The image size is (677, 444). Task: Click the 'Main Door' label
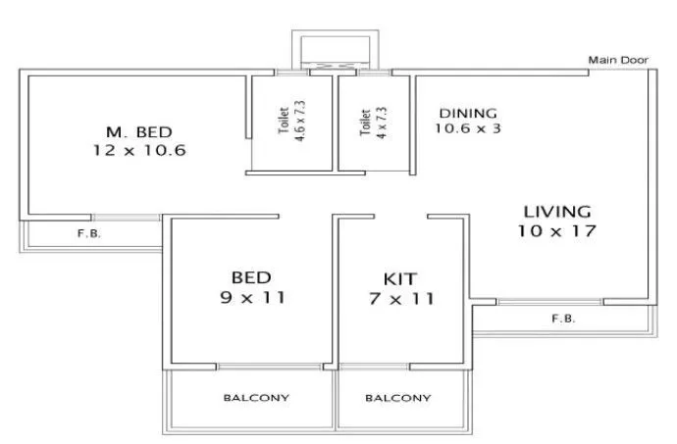coord(618,61)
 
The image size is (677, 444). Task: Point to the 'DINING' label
coord(468,112)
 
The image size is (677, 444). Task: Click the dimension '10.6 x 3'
coord(468,127)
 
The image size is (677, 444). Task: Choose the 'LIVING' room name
coord(556,211)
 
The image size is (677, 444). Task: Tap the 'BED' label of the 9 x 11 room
coord(251,277)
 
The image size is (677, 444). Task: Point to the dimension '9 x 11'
coord(251,298)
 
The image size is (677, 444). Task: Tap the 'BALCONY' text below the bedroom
coord(255,398)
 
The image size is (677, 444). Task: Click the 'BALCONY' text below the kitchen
coord(397,398)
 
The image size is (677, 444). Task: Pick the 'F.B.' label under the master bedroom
coord(89,234)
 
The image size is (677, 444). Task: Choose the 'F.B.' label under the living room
coord(562,319)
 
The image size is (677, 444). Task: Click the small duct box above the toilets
coord(334,50)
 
